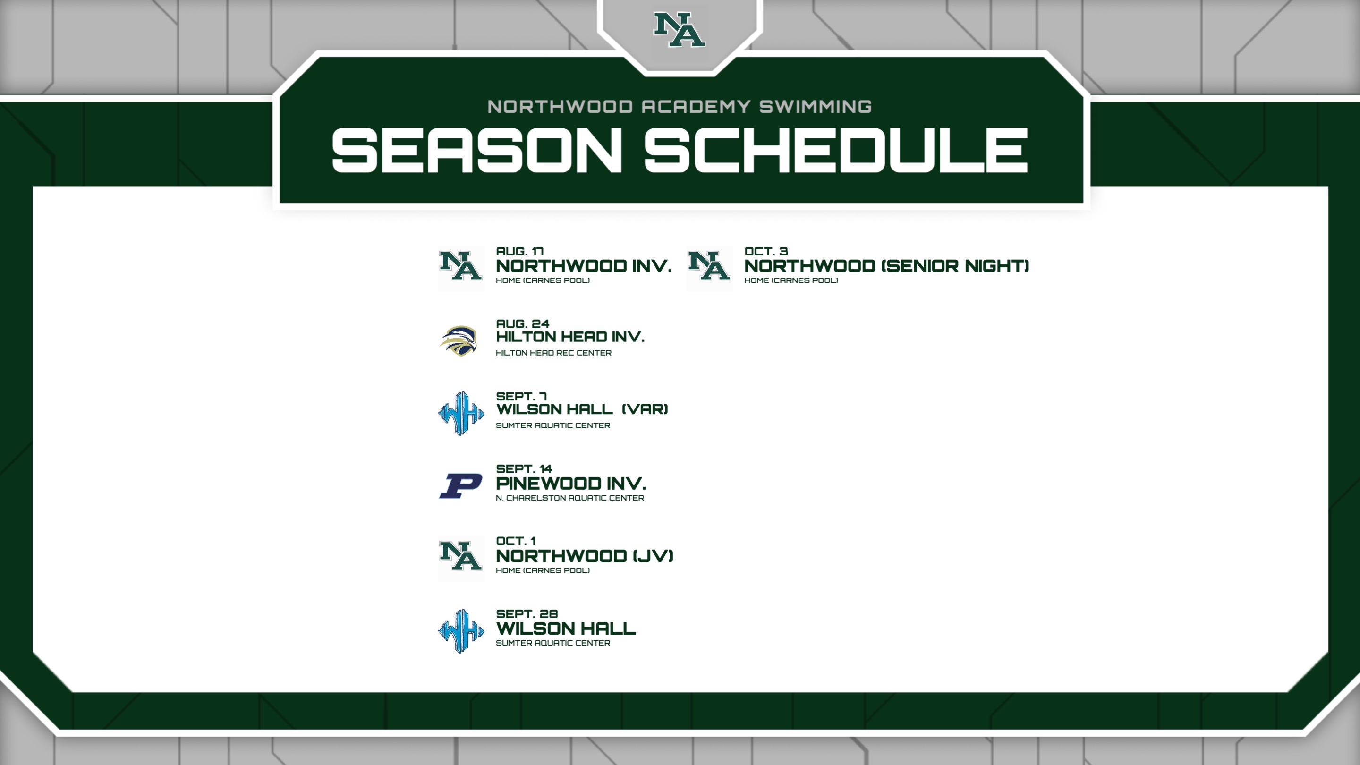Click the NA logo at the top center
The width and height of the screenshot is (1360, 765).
680,30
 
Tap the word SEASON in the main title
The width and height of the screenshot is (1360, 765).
477,151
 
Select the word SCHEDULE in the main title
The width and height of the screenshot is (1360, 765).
836,151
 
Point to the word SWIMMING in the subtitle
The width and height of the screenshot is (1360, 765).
815,107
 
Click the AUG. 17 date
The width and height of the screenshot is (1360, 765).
519,251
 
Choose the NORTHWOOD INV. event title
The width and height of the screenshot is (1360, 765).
583,266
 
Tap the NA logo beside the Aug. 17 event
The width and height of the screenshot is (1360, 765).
461,268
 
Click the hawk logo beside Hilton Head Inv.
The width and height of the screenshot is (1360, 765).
458,340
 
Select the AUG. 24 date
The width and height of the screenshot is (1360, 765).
523,323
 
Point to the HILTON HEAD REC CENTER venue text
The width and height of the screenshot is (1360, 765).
553,353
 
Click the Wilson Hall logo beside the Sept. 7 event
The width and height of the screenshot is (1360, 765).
461,413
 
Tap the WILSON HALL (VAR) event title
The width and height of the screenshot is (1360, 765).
582,409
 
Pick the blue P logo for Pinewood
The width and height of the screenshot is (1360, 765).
460,486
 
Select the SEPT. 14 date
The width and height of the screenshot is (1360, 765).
524,469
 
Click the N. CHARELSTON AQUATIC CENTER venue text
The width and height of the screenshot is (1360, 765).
569,498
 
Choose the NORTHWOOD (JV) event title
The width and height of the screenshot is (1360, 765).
585,556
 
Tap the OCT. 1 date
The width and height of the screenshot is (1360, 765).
516,541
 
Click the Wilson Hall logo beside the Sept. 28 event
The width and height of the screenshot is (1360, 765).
461,631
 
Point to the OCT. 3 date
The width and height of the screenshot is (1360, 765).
766,251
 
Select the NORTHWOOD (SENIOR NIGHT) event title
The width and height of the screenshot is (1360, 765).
886,266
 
